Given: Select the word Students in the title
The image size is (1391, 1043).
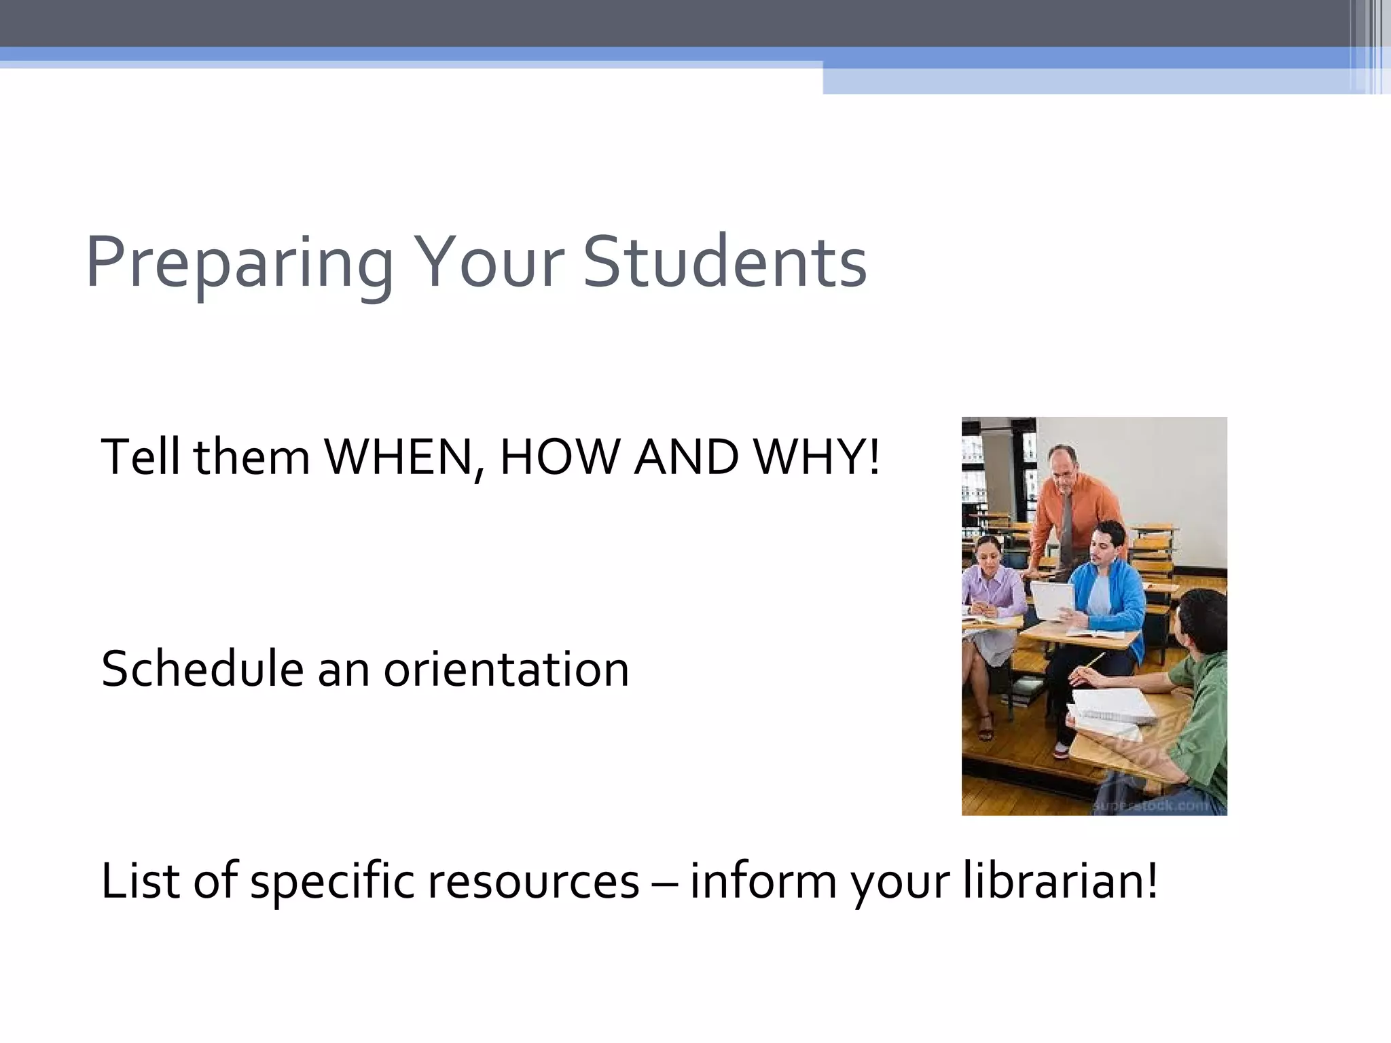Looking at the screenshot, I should click(725, 262).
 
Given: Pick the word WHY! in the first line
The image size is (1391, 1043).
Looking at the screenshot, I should click(817, 457).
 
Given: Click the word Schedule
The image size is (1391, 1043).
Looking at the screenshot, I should click(202, 669).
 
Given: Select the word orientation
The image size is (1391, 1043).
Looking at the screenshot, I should click(506, 669).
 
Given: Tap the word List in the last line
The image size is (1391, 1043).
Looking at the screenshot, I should click(141, 881).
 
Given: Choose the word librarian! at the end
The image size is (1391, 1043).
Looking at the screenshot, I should click(1060, 881).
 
